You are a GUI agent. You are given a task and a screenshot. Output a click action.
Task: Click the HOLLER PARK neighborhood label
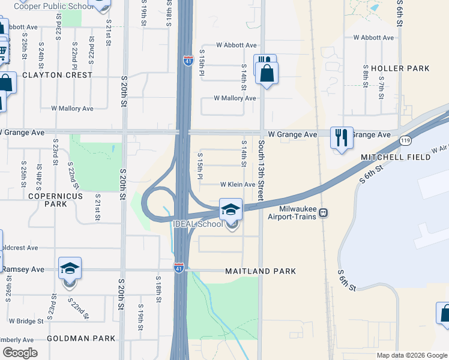tap(400, 68)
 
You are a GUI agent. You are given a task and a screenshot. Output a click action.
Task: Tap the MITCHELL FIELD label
tap(395, 157)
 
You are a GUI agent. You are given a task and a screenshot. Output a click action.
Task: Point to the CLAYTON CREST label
tap(58, 75)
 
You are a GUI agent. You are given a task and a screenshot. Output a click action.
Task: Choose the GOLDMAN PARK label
tap(81, 338)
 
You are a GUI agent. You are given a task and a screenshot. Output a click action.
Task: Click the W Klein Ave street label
tap(238, 185)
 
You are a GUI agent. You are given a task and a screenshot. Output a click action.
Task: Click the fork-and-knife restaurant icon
tap(341, 137)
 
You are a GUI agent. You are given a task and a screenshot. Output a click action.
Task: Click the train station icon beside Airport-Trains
tap(323, 212)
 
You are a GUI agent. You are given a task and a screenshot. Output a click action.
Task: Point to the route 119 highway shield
tap(405, 140)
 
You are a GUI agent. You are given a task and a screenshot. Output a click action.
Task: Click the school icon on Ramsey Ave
tap(70, 268)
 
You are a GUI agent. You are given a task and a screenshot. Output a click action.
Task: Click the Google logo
tap(20, 353)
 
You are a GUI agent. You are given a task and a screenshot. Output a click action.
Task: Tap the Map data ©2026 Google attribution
tap(411, 355)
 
